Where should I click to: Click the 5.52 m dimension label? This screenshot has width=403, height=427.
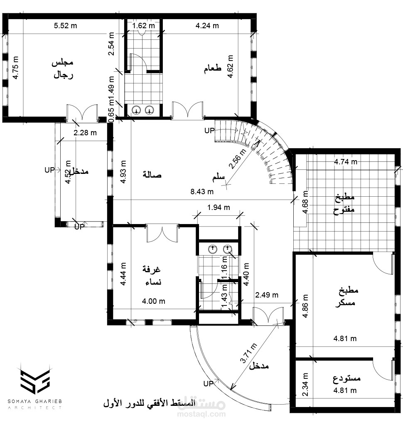tap(66, 26)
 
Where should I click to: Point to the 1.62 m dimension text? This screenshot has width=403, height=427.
tap(143, 26)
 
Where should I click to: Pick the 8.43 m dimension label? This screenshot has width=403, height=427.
tap(202, 191)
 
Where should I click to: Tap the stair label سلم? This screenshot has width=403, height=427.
tap(218, 178)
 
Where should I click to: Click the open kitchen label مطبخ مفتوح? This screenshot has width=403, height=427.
tap(344, 204)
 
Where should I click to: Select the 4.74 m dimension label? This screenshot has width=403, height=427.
tap(345, 162)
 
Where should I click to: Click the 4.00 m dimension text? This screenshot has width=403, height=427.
tap(154, 301)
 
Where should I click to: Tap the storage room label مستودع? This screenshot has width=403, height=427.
tap(346, 378)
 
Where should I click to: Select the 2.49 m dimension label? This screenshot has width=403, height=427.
tap(267, 295)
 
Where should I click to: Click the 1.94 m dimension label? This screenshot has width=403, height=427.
tap(219, 207)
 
